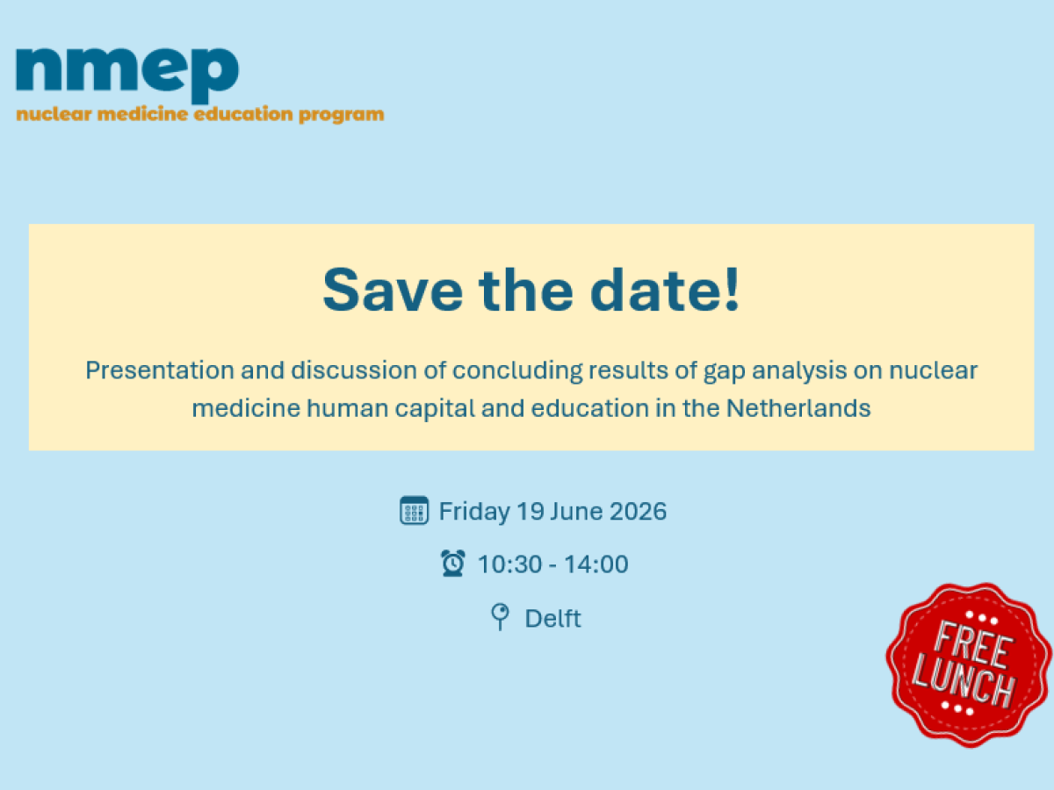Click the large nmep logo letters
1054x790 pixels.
(x=127, y=75)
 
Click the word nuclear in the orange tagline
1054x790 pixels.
(x=54, y=115)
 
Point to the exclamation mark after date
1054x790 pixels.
(x=733, y=289)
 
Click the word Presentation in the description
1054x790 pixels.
(x=161, y=370)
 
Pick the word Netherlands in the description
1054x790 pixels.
(x=798, y=408)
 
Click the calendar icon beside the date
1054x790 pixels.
(x=414, y=510)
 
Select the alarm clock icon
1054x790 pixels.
(x=453, y=564)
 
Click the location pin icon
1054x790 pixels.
(x=500, y=616)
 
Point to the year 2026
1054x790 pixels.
(x=639, y=512)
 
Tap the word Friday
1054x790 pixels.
(x=474, y=512)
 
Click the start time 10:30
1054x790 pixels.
(x=510, y=564)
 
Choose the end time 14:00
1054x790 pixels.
(x=596, y=564)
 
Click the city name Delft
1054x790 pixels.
(x=552, y=618)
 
